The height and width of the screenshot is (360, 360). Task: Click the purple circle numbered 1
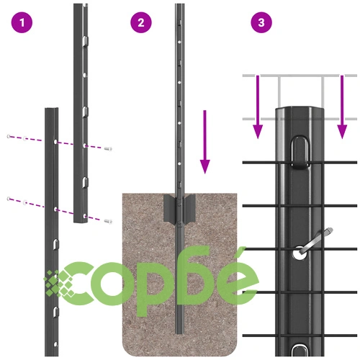coord(22,22)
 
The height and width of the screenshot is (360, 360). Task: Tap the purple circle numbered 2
coord(141,22)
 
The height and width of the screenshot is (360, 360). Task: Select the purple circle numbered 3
coord(261,22)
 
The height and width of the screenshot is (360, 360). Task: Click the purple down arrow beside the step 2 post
coord(204,142)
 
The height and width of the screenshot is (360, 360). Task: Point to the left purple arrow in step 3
coord(258,107)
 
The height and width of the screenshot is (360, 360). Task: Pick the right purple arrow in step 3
coord(342,107)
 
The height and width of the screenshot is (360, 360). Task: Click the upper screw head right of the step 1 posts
coord(109,149)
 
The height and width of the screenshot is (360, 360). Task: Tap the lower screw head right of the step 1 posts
coord(109,221)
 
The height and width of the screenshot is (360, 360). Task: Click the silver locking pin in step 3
coord(315,242)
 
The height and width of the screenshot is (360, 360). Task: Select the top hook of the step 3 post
coord(300,153)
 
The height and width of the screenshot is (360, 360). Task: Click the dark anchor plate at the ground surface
coord(179,209)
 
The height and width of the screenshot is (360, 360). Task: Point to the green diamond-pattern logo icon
coord(59,283)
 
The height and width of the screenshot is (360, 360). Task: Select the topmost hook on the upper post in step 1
coord(86,41)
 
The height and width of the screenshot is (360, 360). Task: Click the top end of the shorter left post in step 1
coord(52,109)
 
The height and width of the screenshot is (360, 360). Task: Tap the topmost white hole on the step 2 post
coord(179,42)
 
